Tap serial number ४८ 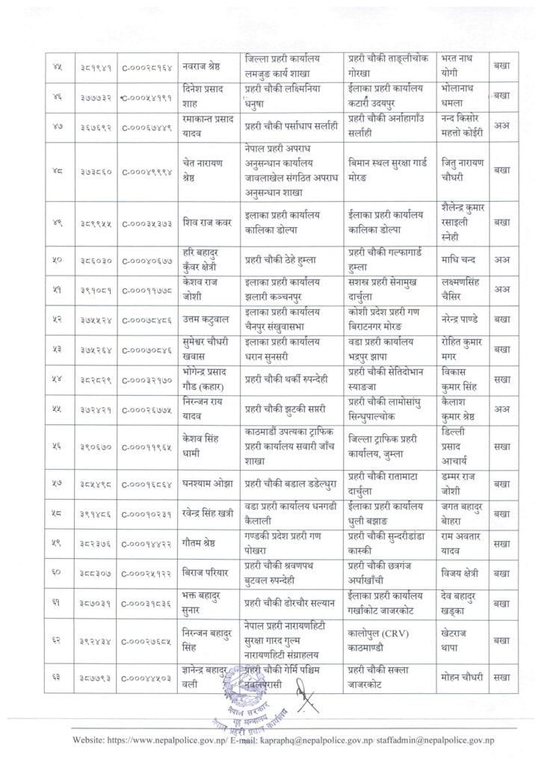(55, 170)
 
